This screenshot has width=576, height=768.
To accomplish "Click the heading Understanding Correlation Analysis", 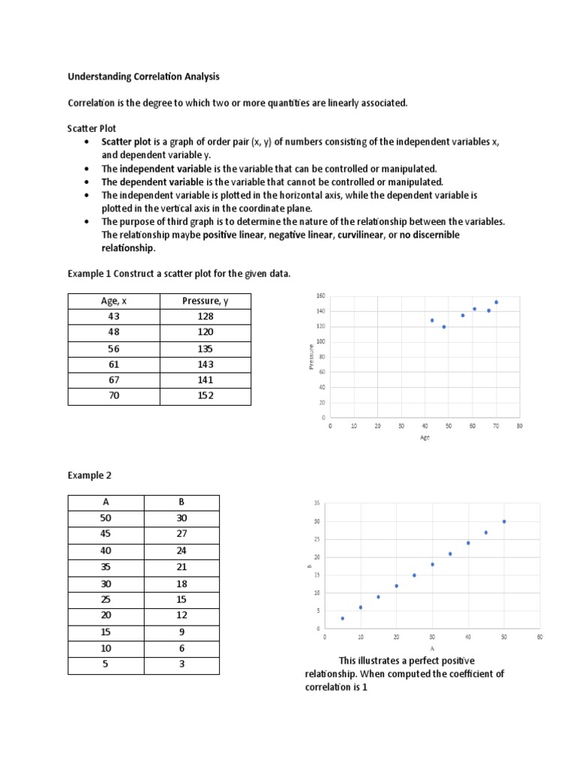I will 144,76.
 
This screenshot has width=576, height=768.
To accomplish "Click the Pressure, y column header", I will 205,301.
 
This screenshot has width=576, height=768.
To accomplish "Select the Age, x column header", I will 114,301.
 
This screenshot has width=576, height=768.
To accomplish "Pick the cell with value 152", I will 205,395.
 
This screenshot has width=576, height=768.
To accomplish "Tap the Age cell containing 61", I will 114,364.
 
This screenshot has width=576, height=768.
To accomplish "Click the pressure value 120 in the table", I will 205,332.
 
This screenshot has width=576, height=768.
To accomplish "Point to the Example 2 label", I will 91,475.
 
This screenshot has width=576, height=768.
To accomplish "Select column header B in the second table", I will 181,502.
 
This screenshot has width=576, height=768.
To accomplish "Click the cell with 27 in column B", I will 181,534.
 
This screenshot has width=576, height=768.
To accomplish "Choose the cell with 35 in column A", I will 106,566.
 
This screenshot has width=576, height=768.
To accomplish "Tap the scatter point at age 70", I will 496,302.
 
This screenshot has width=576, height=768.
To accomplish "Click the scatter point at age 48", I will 444,327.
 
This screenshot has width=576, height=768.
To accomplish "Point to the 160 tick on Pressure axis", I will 320,295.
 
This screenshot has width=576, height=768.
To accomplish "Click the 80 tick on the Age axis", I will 520,425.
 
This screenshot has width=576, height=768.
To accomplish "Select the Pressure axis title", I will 310,356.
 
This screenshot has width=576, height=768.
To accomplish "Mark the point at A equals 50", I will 504,521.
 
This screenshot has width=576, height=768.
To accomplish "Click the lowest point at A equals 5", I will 343,618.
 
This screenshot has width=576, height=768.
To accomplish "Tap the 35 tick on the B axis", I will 317,503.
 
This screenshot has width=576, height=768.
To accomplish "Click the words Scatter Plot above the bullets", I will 92,128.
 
